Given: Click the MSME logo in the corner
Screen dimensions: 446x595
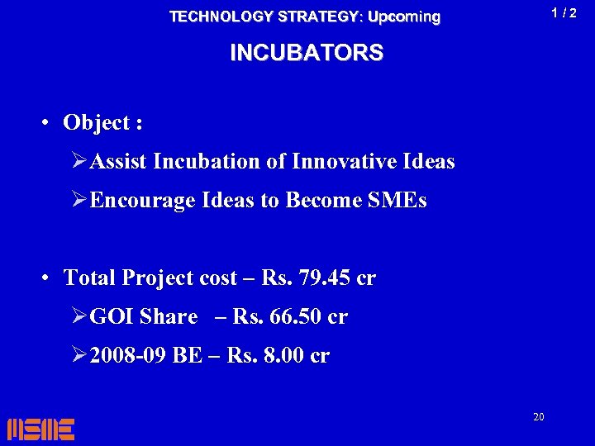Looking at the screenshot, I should (40, 429).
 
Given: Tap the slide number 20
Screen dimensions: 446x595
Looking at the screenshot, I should (538, 417).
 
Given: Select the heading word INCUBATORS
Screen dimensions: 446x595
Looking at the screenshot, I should (307, 53).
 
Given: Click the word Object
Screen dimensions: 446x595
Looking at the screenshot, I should (97, 123).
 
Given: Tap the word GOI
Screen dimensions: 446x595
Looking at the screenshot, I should (112, 317).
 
